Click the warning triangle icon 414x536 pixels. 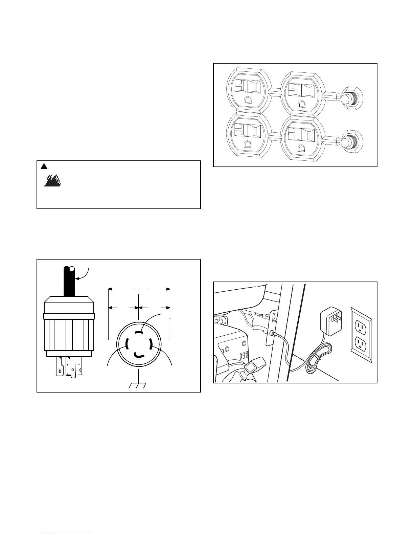(x=44, y=166)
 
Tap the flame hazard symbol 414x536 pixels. (x=52, y=181)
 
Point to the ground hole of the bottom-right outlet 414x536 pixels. (x=301, y=148)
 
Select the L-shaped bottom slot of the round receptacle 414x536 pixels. (x=139, y=355)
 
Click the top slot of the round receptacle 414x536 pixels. (x=139, y=333)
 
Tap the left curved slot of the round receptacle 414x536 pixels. (x=127, y=343)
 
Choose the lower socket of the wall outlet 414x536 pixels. (x=361, y=344)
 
